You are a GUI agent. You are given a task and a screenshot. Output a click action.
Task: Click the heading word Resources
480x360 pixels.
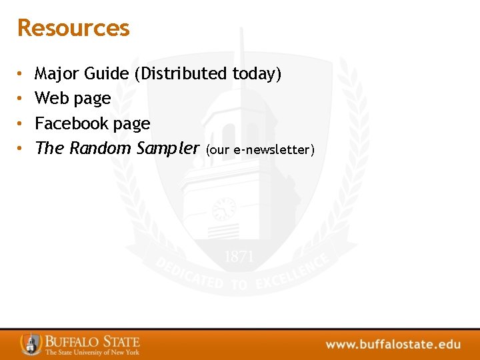(x=73, y=28)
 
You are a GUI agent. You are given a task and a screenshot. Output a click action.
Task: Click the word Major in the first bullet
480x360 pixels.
(x=57, y=73)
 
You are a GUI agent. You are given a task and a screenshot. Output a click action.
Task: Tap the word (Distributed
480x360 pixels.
(x=181, y=73)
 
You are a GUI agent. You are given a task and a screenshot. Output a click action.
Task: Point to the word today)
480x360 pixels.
(x=257, y=74)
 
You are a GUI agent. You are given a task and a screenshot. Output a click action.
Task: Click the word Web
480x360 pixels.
(x=51, y=98)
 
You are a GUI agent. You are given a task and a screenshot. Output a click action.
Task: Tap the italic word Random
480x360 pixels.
(x=100, y=148)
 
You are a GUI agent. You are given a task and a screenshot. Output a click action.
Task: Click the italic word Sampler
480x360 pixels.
(x=167, y=149)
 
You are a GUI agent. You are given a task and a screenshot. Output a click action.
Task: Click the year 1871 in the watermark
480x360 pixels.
(x=238, y=257)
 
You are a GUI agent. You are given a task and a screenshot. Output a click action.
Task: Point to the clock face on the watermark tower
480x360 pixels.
(x=223, y=209)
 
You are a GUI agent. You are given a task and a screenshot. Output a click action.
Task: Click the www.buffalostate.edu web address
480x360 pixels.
(x=393, y=345)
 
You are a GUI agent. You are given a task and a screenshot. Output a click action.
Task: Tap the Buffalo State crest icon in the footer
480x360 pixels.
(x=31, y=343)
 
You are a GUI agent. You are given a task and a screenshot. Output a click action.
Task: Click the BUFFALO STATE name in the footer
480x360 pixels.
(x=92, y=341)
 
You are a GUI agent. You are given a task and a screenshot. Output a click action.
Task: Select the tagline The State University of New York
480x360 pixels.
(x=92, y=352)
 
